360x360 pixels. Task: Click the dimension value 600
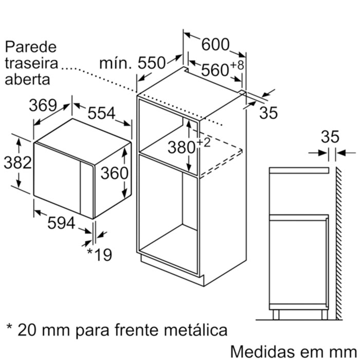pos(215,45)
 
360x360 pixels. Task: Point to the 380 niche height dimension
pos(181,148)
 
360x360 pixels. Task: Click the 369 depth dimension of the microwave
pos(42,105)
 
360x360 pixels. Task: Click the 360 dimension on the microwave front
pos(114,173)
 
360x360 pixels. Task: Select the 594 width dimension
pos(61,223)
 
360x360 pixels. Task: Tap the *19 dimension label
pos(99,254)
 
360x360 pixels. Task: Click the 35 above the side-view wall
pos(330,136)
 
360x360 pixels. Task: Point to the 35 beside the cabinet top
pos(268,113)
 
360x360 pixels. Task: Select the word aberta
pos(28,79)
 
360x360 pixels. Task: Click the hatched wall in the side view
pos(339,242)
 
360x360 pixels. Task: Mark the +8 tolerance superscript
pos(237,65)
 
